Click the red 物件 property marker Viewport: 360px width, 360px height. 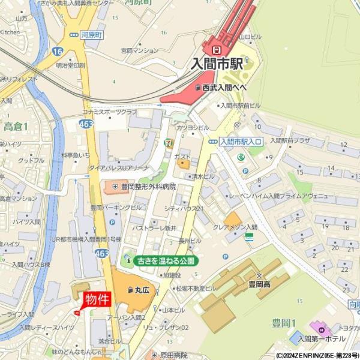click(96, 299)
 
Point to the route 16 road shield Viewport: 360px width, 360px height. click(58, 52)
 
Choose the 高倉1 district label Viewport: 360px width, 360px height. click(16, 126)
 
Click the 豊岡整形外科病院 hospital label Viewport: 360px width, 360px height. click(148, 187)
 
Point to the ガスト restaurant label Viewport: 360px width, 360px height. click(182, 157)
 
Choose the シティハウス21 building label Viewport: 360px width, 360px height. click(184, 208)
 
